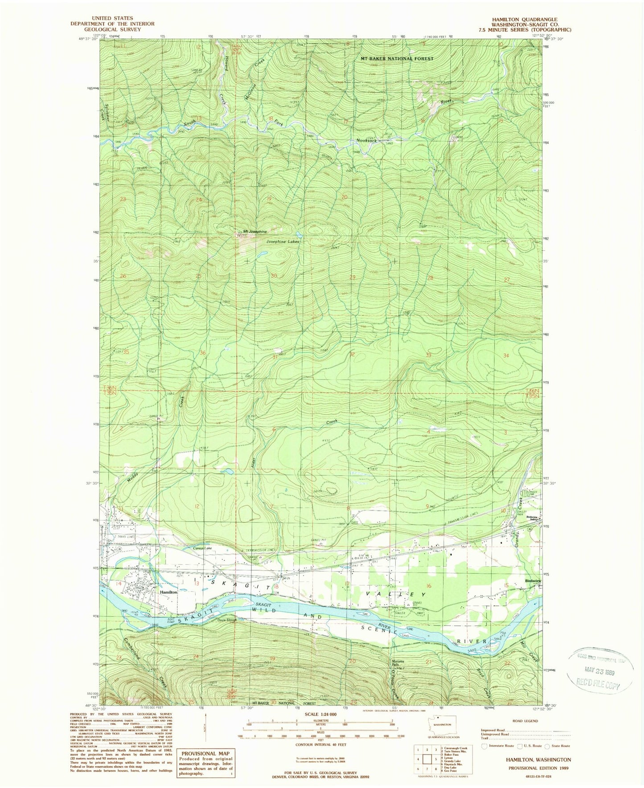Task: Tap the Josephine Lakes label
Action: [x=283, y=241]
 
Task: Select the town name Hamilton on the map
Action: [x=169, y=592]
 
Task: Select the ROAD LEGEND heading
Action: [x=526, y=721]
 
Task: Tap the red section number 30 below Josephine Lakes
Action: [x=274, y=276]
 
